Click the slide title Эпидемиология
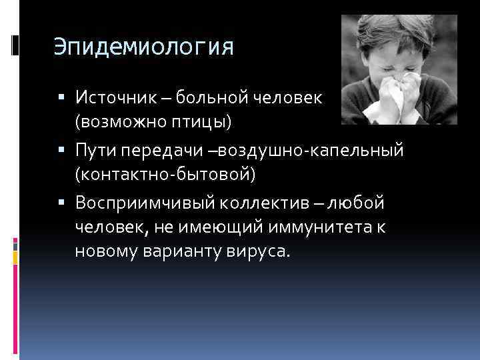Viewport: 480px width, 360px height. [x=143, y=49]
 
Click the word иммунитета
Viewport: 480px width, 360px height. [x=317, y=228]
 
